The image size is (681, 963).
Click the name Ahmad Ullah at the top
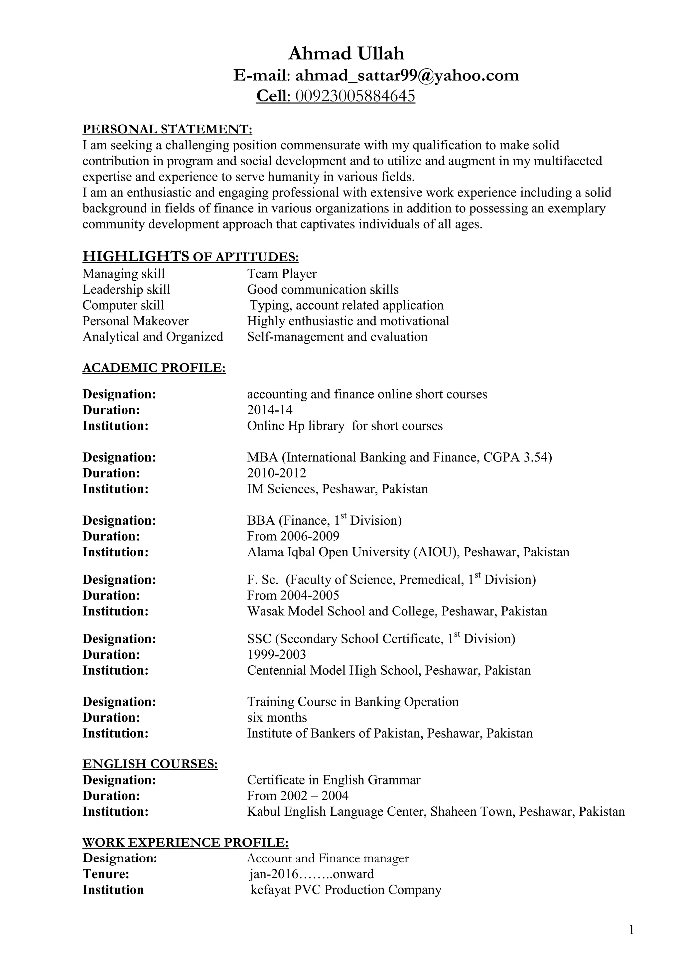click(x=346, y=54)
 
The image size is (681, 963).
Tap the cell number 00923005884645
click(x=355, y=96)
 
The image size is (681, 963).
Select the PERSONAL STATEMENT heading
click(x=167, y=129)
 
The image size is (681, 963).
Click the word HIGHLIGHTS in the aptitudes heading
click(x=135, y=256)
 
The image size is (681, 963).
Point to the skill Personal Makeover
click(x=135, y=321)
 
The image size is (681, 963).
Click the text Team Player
click(x=282, y=274)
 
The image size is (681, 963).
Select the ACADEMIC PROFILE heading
click(x=154, y=368)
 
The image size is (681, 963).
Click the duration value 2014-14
click(x=270, y=410)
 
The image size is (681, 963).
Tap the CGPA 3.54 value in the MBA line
click(x=515, y=457)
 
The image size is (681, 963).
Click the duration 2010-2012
click(x=276, y=473)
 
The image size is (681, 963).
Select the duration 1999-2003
click(x=276, y=654)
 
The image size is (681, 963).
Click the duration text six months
click(x=277, y=718)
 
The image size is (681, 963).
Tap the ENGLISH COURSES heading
click(x=150, y=764)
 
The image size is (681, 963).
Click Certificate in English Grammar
click(x=334, y=780)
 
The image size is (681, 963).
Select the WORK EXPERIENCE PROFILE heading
click(x=185, y=843)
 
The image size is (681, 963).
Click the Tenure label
click(x=106, y=874)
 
